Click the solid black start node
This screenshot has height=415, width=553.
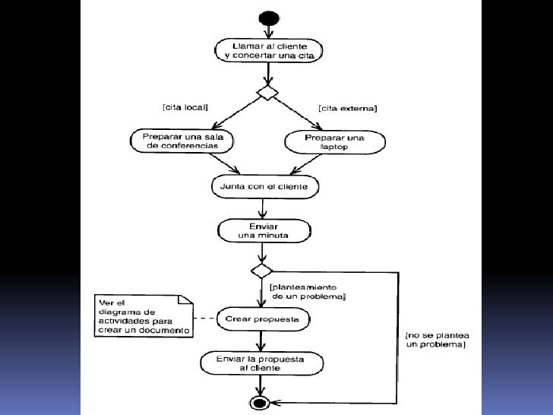point(269,17)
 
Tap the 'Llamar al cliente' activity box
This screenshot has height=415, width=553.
point(269,51)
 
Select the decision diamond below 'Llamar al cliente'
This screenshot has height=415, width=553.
point(267,93)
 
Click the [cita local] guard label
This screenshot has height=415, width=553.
point(185,107)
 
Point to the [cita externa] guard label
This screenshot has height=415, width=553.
point(348,109)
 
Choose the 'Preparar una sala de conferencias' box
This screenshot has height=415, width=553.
point(182,141)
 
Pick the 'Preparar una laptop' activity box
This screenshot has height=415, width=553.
point(335,142)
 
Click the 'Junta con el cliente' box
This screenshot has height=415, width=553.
point(265,187)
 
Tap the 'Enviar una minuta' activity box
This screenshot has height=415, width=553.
point(264,231)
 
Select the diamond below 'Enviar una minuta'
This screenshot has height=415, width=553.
point(261,271)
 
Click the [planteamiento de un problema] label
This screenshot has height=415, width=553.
point(307,292)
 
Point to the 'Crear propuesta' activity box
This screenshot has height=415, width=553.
point(263,319)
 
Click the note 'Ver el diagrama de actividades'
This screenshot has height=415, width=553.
point(144,316)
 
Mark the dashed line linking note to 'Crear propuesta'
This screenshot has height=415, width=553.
point(205,318)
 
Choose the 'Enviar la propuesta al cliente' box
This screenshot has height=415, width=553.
point(261,363)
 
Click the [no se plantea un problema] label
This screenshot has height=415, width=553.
point(438,340)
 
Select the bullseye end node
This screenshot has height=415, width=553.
point(260,402)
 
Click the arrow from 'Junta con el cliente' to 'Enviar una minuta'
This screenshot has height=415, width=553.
point(262,208)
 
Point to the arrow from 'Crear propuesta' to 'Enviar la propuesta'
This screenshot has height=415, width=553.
point(261,341)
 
